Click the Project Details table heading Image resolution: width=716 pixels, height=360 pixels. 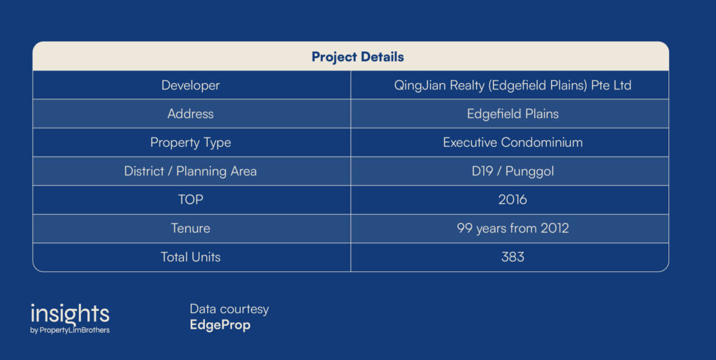pyautogui.click(x=357, y=57)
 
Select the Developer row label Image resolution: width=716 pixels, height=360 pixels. pyautogui.click(x=190, y=86)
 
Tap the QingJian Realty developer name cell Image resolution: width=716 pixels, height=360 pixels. pyautogui.click(x=513, y=86)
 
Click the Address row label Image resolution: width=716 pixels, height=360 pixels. pyautogui.click(x=190, y=114)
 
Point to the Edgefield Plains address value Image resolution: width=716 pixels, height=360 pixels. pyautogui.click(x=513, y=114)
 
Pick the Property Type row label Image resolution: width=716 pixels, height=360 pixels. pyautogui.click(x=190, y=143)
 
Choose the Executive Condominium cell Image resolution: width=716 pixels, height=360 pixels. pyautogui.click(x=513, y=143)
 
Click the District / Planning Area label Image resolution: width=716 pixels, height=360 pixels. pyautogui.click(x=190, y=171)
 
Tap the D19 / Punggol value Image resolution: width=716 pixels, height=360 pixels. pyautogui.click(x=513, y=171)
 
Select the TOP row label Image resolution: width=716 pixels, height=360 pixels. pyautogui.click(x=190, y=200)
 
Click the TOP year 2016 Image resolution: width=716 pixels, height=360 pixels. pyautogui.click(x=513, y=200)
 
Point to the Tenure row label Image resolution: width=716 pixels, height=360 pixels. pyautogui.click(x=190, y=228)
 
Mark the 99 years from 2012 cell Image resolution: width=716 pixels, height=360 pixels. pyautogui.click(x=513, y=229)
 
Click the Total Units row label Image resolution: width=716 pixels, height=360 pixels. pyautogui.click(x=190, y=257)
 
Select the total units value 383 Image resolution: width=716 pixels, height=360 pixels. pyautogui.click(x=513, y=257)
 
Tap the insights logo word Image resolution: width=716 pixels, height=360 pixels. pyautogui.click(x=70, y=314)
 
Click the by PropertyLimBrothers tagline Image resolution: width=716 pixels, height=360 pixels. pyautogui.click(x=70, y=331)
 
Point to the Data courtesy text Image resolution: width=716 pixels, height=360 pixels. pyautogui.click(x=229, y=310)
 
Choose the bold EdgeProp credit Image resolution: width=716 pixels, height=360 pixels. pyautogui.click(x=220, y=325)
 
